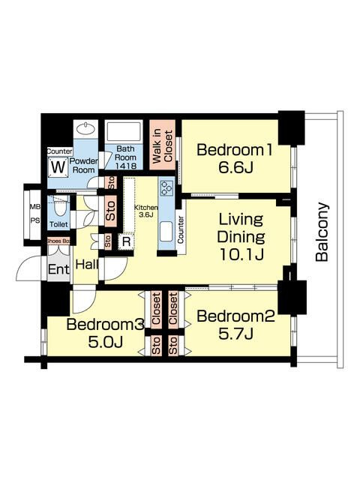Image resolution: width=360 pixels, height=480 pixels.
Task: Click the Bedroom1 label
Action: coord(234,150)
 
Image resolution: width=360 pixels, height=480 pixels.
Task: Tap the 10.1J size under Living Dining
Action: coord(241,253)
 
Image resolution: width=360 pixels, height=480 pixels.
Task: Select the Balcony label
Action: coord(322,232)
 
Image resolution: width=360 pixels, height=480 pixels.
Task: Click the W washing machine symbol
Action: coord(58,167)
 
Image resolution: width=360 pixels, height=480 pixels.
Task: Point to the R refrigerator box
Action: coord(126,241)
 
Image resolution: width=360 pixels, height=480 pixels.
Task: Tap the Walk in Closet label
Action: coord(162,145)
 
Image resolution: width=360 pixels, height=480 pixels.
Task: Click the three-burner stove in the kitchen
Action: coord(166,188)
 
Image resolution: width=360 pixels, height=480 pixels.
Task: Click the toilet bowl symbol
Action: coord(58,208)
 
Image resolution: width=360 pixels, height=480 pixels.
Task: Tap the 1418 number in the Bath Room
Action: coord(126,166)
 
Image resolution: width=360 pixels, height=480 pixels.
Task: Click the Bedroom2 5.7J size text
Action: coord(235,334)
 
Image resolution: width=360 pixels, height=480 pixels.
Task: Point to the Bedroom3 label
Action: coord(105,324)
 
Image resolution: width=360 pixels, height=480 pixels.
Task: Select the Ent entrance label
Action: coord(58,269)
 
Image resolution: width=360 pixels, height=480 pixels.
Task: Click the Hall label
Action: coord(87,265)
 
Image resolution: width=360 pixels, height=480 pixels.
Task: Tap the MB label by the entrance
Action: coord(35,207)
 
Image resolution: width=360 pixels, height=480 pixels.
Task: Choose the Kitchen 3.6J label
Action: coord(145,211)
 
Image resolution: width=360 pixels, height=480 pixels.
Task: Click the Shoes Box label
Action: coord(58,241)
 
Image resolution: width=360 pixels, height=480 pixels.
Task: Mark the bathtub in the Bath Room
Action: coord(124,132)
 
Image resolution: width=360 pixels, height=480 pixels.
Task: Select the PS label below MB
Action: coord(35,220)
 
